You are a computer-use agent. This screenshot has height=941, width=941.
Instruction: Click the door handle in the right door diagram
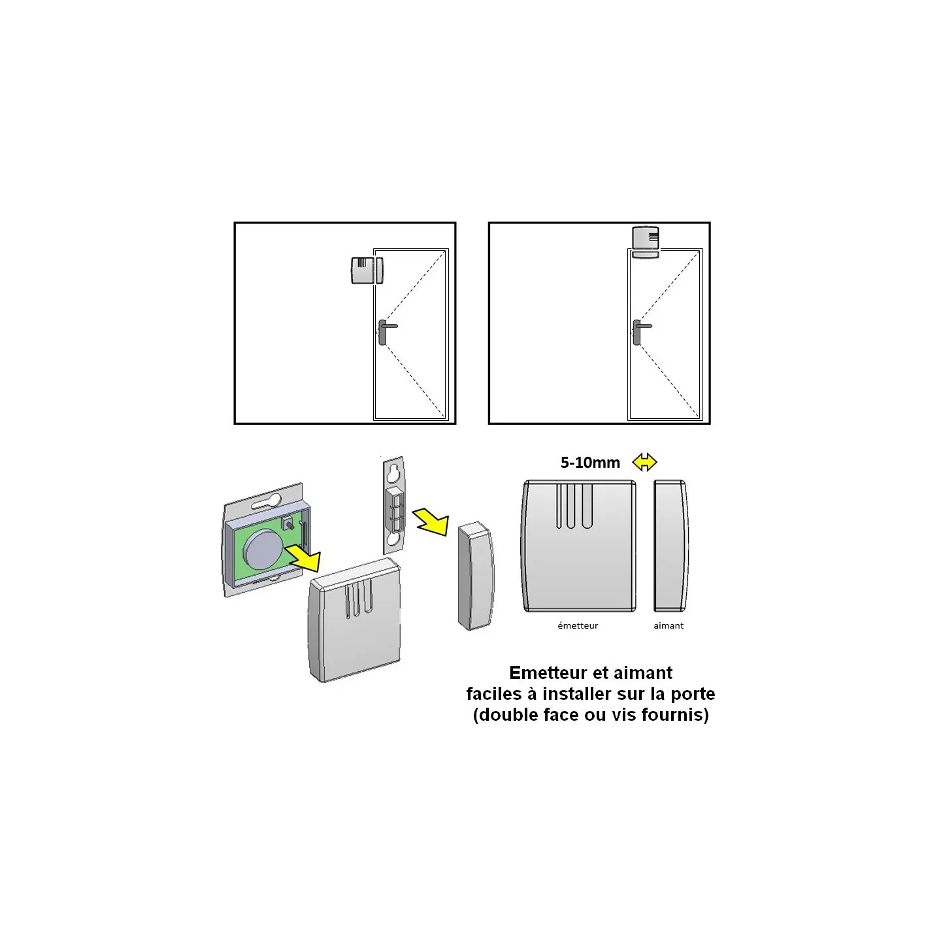[638, 331]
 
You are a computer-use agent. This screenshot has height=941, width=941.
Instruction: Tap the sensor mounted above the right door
[645, 242]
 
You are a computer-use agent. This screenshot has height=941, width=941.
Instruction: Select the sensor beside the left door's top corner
[367, 270]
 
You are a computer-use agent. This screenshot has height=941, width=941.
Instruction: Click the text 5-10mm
[590, 463]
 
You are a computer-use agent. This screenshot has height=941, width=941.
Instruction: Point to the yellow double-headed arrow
[644, 462]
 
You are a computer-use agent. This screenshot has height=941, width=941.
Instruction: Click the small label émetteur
[578, 625]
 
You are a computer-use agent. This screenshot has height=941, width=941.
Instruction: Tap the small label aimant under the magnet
[669, 625]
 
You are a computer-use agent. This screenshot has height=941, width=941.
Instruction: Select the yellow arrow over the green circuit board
[303, 557]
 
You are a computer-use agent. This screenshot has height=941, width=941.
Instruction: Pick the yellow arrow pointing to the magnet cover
[431, 521]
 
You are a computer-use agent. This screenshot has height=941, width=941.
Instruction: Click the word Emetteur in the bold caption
[546, 673]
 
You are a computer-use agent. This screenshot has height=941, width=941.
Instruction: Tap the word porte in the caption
[693, 695]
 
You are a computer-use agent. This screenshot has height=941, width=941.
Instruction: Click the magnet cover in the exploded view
[476, 576]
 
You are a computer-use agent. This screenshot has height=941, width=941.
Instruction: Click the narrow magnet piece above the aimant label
[671, 546]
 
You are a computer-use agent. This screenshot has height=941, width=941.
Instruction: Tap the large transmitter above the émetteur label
[579, 546]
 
